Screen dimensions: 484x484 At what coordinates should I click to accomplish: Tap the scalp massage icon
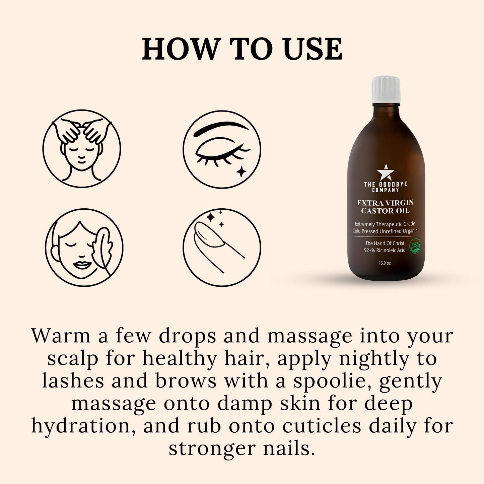(81, 148)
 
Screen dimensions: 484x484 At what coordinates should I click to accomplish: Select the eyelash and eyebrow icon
(222, 148)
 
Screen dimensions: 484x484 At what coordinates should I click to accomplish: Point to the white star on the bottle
(385, 172)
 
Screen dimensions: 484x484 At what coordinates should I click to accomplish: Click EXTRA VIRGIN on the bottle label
(385, 203)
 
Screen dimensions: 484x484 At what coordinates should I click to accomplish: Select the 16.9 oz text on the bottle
(385, 263)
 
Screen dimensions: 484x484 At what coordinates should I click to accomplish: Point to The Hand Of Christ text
(385, 243)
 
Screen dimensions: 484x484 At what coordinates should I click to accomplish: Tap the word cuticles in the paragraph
(322, 426)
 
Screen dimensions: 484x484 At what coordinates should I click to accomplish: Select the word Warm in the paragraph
(61, 336)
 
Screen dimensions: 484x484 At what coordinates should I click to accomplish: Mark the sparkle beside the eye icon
(241, 171)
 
